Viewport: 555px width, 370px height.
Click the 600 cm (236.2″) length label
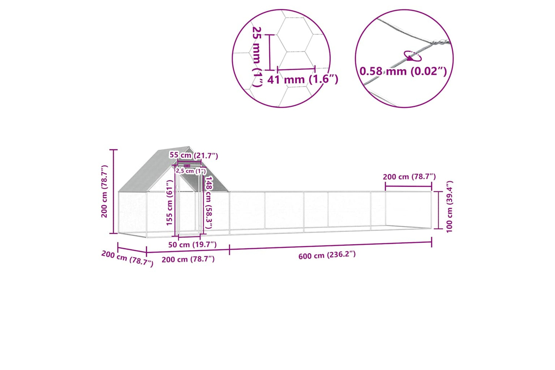(327, 255)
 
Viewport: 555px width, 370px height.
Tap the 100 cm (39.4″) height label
(450, 207)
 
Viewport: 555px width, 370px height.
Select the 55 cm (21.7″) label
(194, 155)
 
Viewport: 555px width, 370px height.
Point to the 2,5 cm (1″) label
(191, 171)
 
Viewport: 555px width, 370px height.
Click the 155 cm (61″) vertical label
(169, 203)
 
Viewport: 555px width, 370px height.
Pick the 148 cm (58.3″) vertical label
(209, 202)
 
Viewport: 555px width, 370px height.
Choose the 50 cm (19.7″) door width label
(192, 245)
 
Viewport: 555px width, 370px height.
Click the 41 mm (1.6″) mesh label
(303, 80)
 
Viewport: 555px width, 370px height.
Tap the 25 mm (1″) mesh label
(257, 57)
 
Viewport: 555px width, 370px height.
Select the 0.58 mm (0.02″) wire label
(403, 71)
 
